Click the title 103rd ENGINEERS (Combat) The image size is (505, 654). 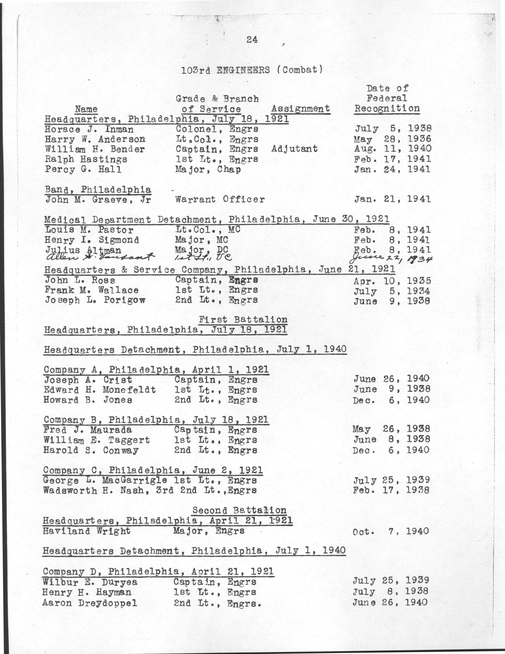[x=252, y=70]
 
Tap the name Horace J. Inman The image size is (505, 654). [x=89, y=129]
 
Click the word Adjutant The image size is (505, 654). [x=294, y=149]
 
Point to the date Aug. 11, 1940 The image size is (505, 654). [x=392, y=149]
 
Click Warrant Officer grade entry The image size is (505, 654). [x=220, y=199]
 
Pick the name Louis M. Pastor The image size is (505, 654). [x=89, y=230]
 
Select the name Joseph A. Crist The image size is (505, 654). [x=88, y=380]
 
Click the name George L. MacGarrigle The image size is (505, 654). [x=105, y=480]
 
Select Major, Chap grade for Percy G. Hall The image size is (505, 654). [x=208, y=169]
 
